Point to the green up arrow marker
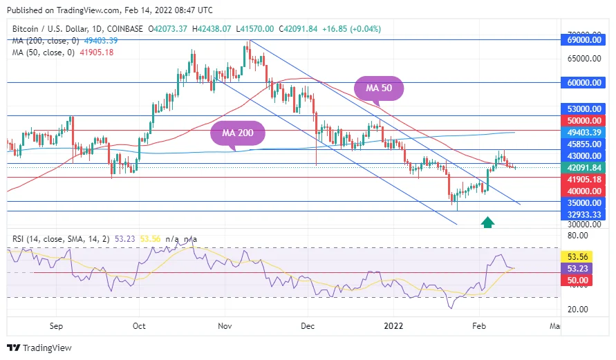487,222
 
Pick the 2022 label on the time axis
393,325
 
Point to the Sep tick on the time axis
57,325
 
